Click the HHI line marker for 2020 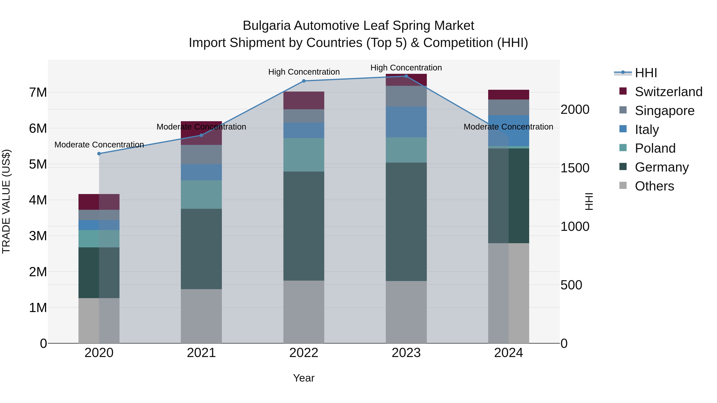click(x=99, y=153)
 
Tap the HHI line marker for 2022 click(x=304, y=81)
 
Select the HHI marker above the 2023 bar click(x=406, y=76)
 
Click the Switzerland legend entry click(x=668, y=92)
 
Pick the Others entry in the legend click(x=654, y=186)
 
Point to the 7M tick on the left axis click(x=38, y=92)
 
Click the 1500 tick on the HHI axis click(x=575, y=168)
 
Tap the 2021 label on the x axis click(x=201, y=353)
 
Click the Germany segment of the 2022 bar click(x=304, y=226)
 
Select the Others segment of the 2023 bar click(x=406, y=312)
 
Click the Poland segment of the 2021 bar click(x=201, y=194)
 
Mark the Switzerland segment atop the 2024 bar click(x=508, y=95)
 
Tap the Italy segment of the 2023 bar click(x=406, y=122)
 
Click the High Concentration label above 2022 click(x=304, y=72)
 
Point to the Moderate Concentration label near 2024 click(x=508, y=127)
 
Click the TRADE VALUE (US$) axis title click(x=6, y=201)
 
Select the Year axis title click(x=304, y=378)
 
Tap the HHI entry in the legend click(x=646, y=73)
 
